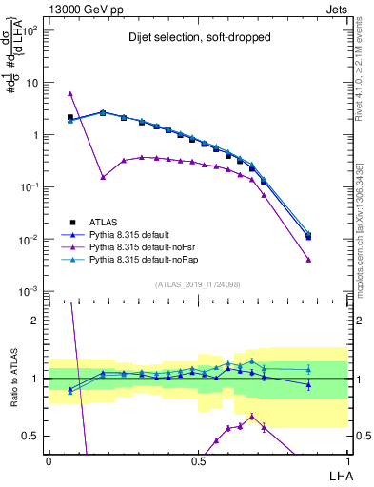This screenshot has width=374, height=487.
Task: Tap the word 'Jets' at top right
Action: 334,9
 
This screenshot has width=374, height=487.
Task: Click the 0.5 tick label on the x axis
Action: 198,461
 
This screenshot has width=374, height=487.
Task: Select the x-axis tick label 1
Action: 347,461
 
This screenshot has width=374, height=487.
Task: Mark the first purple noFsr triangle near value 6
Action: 70,94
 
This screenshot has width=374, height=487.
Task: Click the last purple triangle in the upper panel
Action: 308,259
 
